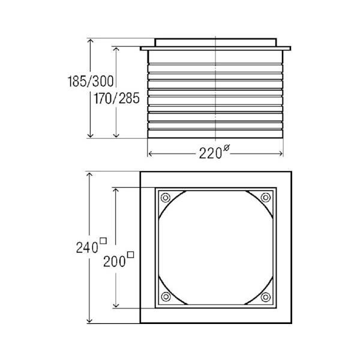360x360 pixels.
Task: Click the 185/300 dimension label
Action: point(91,81)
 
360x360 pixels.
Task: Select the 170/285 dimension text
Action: point(116,98)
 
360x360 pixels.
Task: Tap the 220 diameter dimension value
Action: point(211,153)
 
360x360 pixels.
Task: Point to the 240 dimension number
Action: point(87,248)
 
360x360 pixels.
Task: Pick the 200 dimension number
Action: point(115,261)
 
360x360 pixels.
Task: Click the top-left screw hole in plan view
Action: point(166,197)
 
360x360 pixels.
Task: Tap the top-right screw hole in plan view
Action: point(265,197)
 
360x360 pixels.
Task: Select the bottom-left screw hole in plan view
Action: point(166,296)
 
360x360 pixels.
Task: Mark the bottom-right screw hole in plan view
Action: point(266,297)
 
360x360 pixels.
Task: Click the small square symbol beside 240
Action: point(103,241)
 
